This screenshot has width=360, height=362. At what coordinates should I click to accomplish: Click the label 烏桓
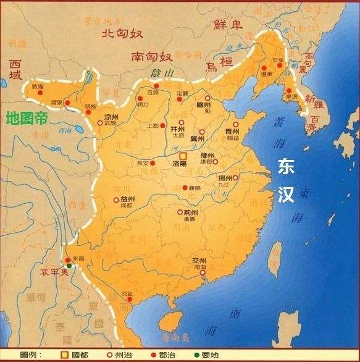point(221,62)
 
